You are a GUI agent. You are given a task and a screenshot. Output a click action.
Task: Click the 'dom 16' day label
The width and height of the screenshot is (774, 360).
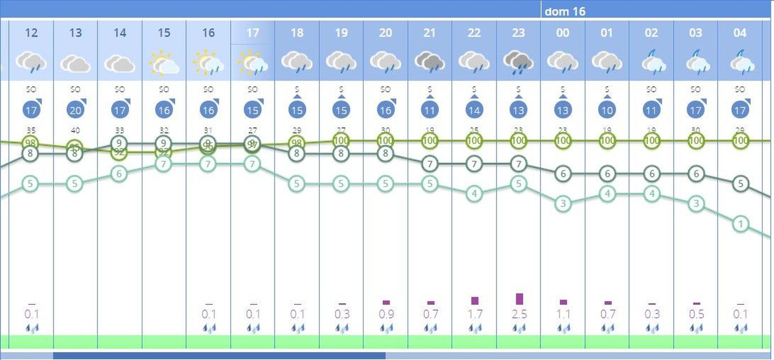[565, 11]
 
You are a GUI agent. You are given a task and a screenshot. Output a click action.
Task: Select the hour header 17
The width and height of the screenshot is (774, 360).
[253, 32]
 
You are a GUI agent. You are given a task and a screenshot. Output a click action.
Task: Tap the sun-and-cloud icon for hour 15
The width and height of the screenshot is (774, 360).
[164, 63]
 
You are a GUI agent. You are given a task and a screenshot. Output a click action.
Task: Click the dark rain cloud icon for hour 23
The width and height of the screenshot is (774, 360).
[518, 63]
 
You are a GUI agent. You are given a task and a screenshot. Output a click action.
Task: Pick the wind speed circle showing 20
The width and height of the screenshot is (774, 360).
[75, 110]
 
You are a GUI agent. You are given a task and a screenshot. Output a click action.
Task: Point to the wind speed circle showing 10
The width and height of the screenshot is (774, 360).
[607, 110]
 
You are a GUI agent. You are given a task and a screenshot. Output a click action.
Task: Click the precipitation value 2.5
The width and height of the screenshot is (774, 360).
[519, 314]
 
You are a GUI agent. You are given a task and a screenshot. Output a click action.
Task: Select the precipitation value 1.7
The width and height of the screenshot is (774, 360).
[475, 314]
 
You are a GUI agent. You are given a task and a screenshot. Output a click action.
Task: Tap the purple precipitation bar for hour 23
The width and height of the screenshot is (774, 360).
[519, 299]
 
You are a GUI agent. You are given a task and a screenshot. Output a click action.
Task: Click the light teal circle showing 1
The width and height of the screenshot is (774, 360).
[740, 224]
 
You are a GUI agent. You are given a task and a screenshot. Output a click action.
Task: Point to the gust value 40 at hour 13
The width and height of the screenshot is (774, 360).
[75, 130]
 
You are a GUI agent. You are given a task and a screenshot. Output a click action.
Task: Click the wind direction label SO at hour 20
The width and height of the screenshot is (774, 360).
[386, 90]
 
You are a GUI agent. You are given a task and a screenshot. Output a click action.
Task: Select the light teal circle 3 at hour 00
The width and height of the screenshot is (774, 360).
[563, 203]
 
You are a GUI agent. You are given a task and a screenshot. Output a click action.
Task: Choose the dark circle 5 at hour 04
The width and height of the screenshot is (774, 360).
[740, 183]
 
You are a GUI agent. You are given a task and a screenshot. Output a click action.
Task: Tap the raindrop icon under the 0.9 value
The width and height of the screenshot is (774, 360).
[386, 329]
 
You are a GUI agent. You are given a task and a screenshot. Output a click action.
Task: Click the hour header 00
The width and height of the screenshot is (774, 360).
[563, 32]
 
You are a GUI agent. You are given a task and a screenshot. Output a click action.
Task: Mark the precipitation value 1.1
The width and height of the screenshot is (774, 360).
[563, 314]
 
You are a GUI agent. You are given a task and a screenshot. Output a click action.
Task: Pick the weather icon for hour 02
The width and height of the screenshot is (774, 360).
[651, 63]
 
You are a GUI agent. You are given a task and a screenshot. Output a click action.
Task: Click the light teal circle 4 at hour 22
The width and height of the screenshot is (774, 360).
[474, 194]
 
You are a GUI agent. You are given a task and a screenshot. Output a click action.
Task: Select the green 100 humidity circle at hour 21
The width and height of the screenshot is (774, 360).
[430, 141]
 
